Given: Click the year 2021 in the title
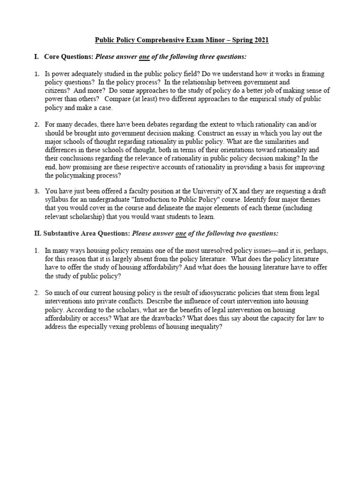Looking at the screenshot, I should (x=261, y=40).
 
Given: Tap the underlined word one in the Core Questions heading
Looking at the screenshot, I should (x=144, y=57).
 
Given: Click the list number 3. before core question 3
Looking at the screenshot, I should (x=36, y=191).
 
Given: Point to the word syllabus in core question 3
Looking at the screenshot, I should (x=57, y=200).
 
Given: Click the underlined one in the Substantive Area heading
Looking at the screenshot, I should (x=181, y=234).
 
